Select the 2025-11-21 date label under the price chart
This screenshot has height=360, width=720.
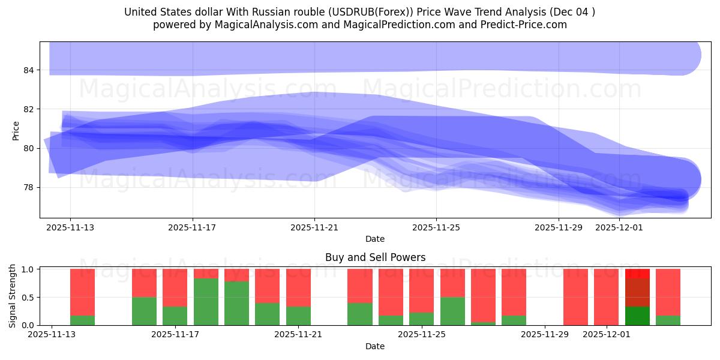(x=314, y=227)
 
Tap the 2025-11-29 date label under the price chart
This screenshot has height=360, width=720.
(x=559, y=227)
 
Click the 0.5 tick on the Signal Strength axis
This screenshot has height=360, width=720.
(x=28, y=298)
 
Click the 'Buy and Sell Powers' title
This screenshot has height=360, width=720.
(x=375, y=257)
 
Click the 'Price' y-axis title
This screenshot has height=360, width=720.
(x=16, y=130)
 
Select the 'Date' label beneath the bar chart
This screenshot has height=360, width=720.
(x=375, y=346)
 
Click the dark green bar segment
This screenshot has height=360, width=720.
(x=637, y=316)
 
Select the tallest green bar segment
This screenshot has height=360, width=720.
(x=206, y=302)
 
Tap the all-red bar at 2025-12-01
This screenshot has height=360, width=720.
(x=607, y=297)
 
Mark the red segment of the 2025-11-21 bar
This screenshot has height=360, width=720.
(x=298, y=288)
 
